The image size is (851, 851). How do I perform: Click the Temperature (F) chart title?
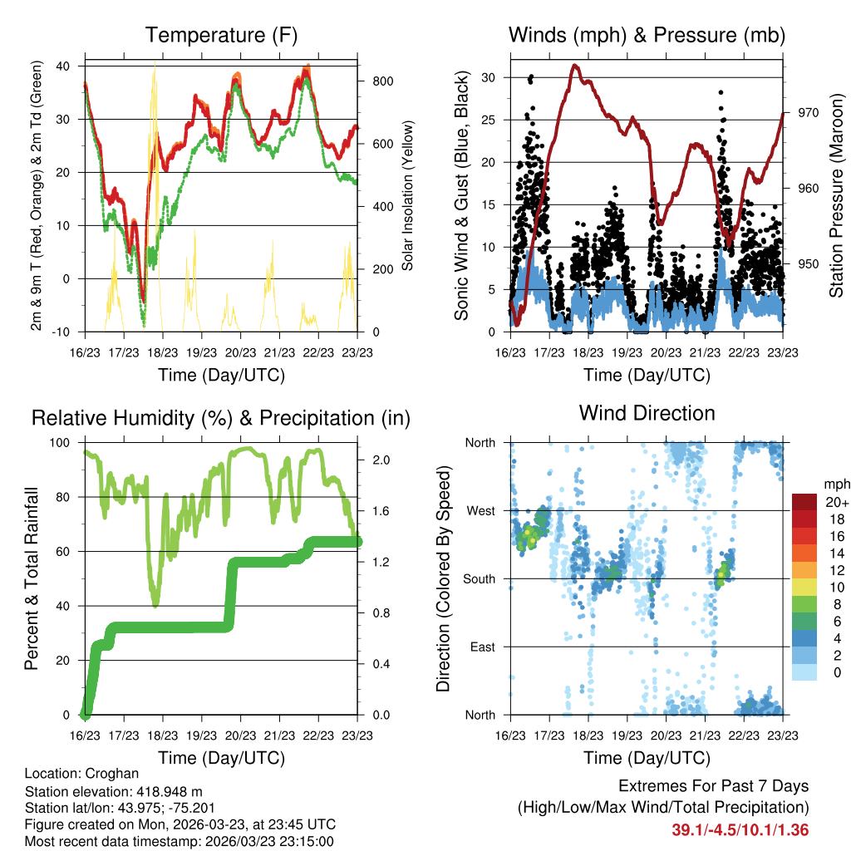[x=220, y=36]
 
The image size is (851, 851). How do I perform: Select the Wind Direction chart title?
[x=647, y=412]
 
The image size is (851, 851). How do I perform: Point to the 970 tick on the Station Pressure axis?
[x=809, y=112]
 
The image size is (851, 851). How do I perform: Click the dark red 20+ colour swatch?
[x=804, y=502]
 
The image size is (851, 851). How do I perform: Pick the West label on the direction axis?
[x=480, y=510]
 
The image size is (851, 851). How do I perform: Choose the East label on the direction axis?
[x=481, y=647]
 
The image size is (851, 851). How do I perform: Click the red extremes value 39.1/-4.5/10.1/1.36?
[x=740, y=829]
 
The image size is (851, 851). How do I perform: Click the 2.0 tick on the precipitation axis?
[x=376, y=460]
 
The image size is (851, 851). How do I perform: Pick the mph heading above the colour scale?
[x=835, y=484]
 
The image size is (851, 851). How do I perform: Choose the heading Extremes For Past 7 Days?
[x=713, y=786]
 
